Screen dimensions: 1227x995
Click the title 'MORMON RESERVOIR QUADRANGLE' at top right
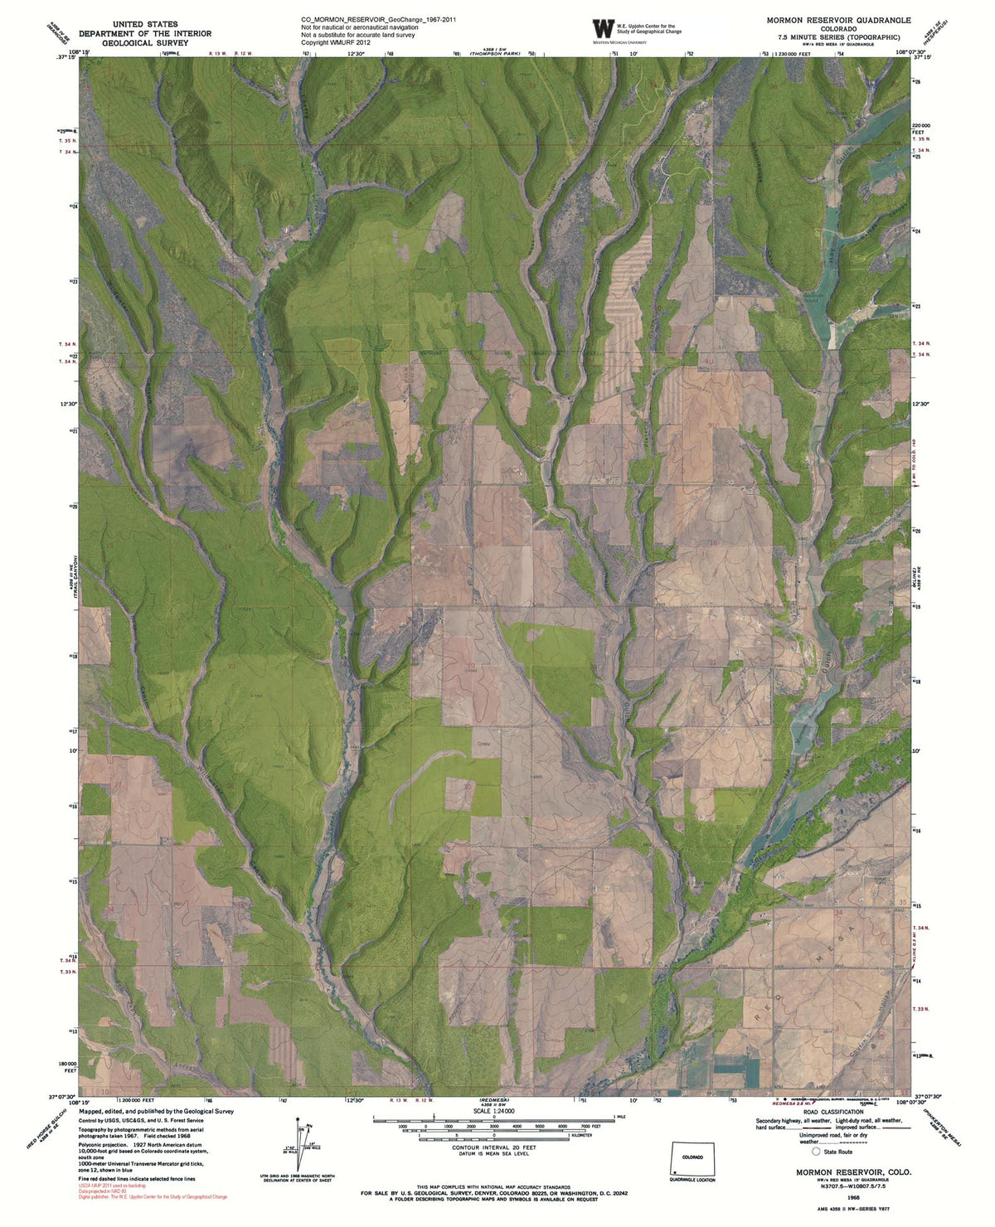tap(838, 20)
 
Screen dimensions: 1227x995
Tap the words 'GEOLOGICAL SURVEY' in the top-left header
tap(144, 42)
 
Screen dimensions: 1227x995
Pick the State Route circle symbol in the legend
tap(816, 1152)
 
